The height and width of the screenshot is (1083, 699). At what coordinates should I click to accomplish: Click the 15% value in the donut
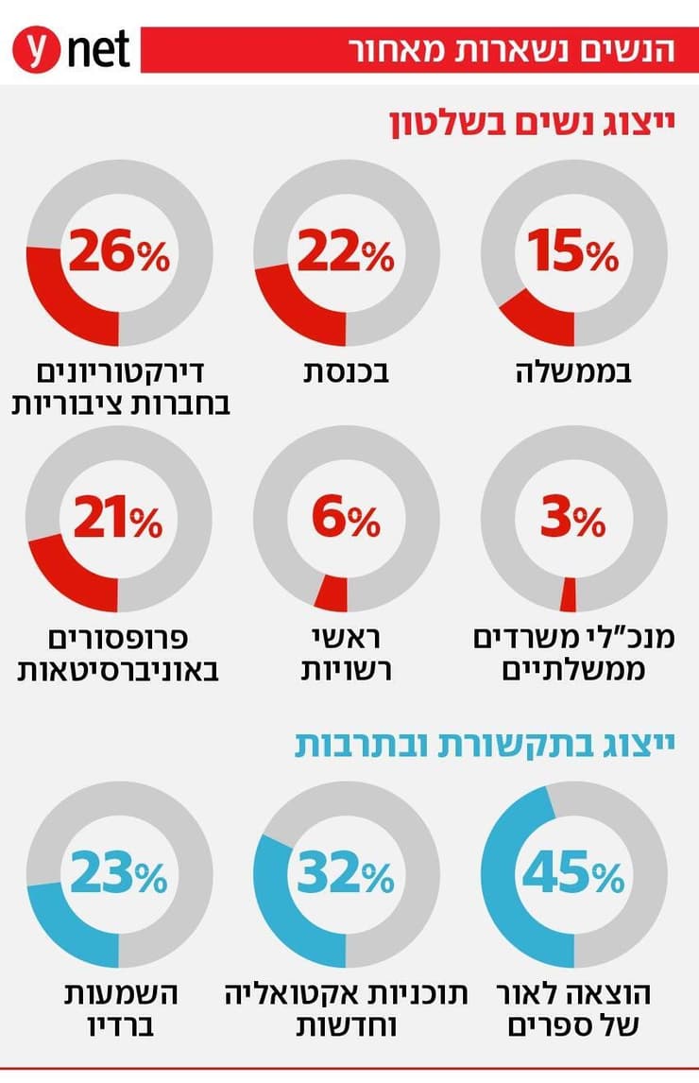[x=573, y=253]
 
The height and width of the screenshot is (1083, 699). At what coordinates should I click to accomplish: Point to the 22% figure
[x=346, y=253]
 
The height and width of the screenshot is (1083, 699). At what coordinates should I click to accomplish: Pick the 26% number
[x=119, y=253]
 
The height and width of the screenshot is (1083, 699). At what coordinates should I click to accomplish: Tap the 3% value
[x=573, y=519]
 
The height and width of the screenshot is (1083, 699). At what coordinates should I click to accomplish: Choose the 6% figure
[x=346, y=519]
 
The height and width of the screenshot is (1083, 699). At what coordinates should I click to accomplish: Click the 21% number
[x=119, y=519]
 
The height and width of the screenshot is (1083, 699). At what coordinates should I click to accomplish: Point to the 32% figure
[x=346, y=875]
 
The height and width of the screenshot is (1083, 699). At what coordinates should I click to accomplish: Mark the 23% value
[x=119, y=875]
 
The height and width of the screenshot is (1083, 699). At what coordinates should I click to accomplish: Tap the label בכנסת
[x=347, y=372]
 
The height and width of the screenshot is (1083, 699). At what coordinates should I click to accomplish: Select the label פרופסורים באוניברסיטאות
[x=119, y=654]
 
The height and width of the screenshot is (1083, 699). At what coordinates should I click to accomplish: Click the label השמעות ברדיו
[x=119, y=1009]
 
